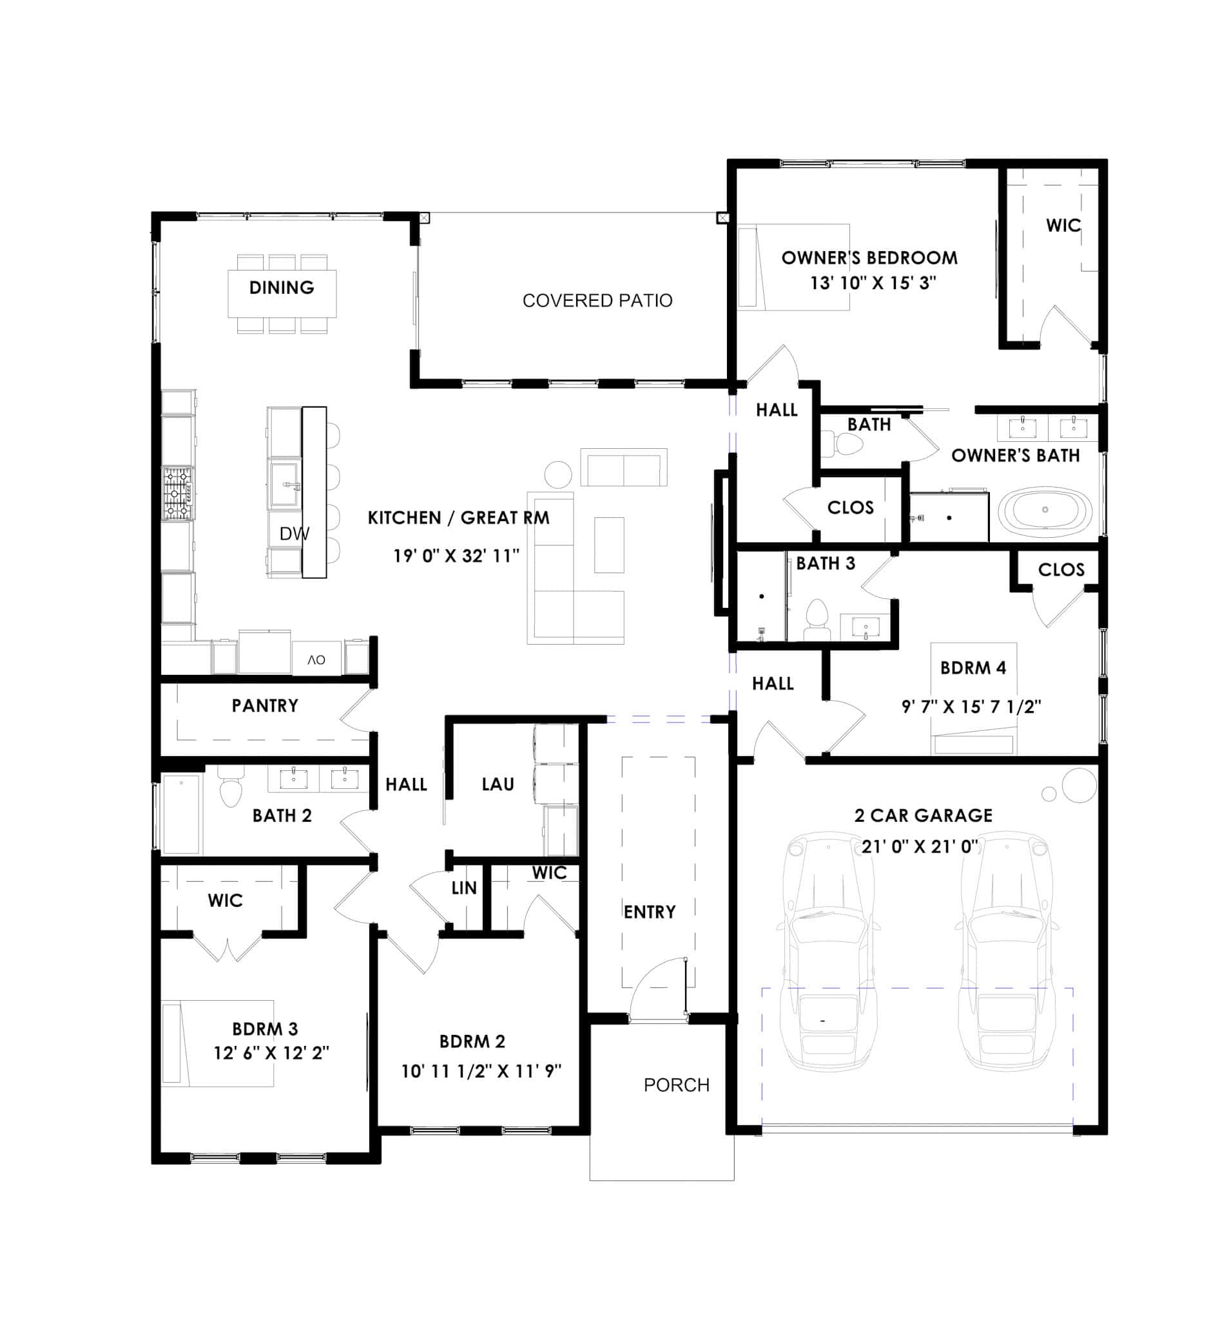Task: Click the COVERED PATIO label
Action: click(597, 301)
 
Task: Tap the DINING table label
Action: click(281, 288)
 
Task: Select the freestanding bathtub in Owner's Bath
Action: click(1045, 509)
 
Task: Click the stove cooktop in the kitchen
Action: click(178, 493)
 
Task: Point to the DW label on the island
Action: click(294, 534)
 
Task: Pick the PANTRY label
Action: click(265, 706)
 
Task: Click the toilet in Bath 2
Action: click(230, 790)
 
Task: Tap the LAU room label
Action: click(497, 784)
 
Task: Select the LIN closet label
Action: click(463, 888)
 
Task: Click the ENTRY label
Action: click(650, 912)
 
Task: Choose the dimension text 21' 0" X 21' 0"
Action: click(920, 846)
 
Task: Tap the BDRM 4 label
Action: click(973, 668)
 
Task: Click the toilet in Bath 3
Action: click(817, 618)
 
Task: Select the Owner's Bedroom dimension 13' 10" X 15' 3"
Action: click(873, 283)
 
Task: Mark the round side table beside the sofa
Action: click(558, 475)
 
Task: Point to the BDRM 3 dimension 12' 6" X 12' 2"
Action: click(271, 1053)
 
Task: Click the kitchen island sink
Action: click(284, 484)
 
